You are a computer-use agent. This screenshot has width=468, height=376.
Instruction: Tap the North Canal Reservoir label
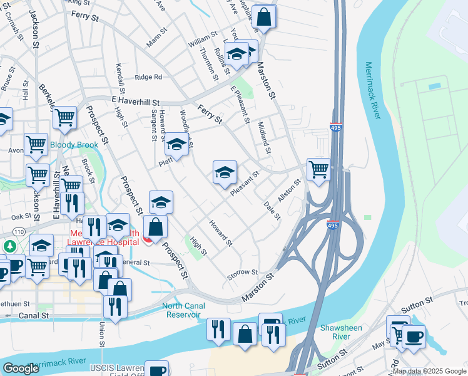click(x=182, y=310)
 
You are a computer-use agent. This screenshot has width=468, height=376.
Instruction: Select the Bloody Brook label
click(x=74, y=145)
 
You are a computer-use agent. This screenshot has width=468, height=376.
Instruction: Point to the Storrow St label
click(x=243, y=272)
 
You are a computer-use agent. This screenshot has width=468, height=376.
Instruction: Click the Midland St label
click(x=265, y=137)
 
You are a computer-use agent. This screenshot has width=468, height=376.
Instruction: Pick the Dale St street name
click(x=272, y=211)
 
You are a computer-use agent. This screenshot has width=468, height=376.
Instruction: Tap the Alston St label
click(x=290, y=190)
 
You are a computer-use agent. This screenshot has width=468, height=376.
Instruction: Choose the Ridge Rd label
click(x=148, y=77)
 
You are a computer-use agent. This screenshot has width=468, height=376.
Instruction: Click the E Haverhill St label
click(x=136, y=101)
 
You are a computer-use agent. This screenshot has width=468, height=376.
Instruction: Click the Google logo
click(x=21, y=368)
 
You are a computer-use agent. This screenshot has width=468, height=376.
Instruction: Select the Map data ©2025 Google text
click(x=429, y=372)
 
